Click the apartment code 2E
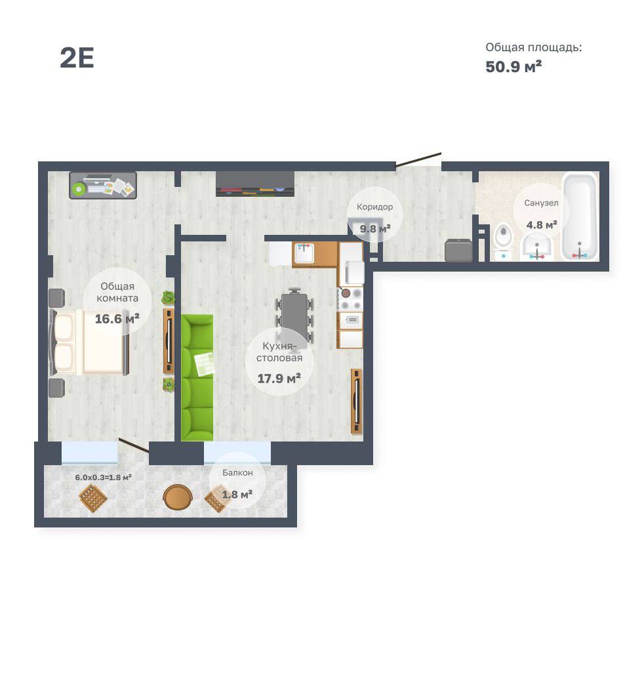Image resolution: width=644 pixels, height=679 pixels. click(77, 58)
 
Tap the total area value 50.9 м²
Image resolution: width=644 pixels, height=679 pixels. click(513, 67)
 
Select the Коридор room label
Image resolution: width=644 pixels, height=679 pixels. click(375, 207)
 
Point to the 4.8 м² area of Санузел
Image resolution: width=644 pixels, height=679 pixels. click(542, 225)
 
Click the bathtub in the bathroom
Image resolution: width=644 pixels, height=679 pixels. click(580, 216)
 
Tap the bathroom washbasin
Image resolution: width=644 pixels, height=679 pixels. click(536, 247)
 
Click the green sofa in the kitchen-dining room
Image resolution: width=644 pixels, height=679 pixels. click(197, 378)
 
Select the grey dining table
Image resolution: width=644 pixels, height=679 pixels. click(294, 317)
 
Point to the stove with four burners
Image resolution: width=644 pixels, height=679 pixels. click(351, 299)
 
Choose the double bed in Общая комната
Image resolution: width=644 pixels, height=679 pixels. click(90, 342)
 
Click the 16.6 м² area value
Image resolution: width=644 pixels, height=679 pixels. click(117, 319)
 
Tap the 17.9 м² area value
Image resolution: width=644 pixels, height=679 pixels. click(279, 379)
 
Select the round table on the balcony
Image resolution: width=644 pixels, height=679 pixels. click(178, 497)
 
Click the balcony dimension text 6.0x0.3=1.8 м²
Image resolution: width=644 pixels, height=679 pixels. click(103, 477)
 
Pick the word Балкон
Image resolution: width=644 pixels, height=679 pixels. click(237, 472)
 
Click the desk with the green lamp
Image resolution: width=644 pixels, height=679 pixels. click(103, 186)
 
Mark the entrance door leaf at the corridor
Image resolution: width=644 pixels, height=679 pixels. click(418, 159)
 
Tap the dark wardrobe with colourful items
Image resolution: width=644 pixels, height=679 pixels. click(255, 184)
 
